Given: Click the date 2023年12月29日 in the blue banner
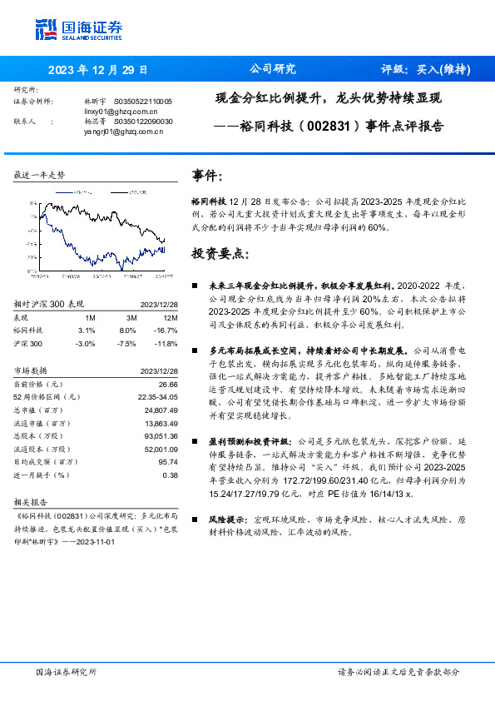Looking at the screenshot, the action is click(x=99, y=70).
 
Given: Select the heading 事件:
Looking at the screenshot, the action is click(x=207, y=176).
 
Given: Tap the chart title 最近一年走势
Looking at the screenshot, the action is click(x=40, y=175).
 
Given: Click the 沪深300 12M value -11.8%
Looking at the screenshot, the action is click(x=166, y=343).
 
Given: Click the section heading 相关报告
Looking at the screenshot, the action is click(x=32, y=503).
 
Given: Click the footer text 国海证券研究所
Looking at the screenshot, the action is click(x=67, y=671).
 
